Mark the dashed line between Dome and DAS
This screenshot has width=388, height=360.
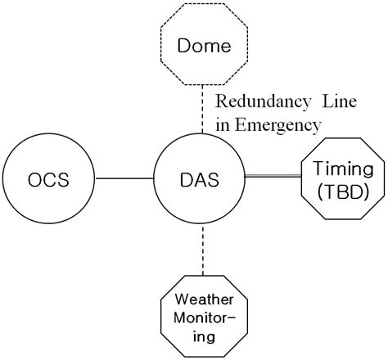pos(201,110)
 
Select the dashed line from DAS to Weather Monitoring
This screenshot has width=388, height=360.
pos(201,250)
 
